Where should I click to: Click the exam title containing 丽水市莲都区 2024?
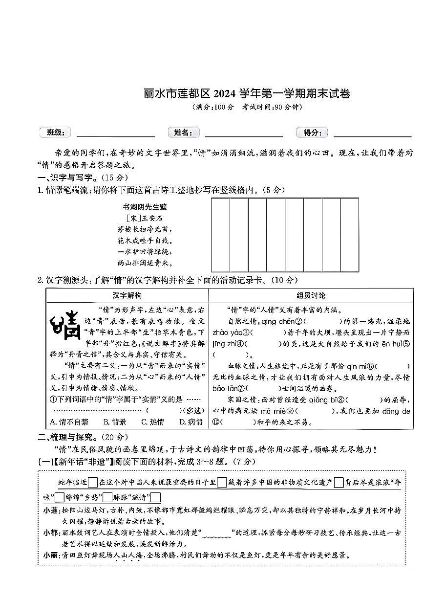point(247,93)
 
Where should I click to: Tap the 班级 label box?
point(55,132)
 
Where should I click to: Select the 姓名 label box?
point(183,132)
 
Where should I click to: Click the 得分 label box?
point(312,132)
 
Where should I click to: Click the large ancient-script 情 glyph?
point(66,325)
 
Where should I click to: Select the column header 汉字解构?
point(127,295)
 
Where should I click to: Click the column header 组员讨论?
point(311,295)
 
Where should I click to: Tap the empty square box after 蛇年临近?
point(93,483)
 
